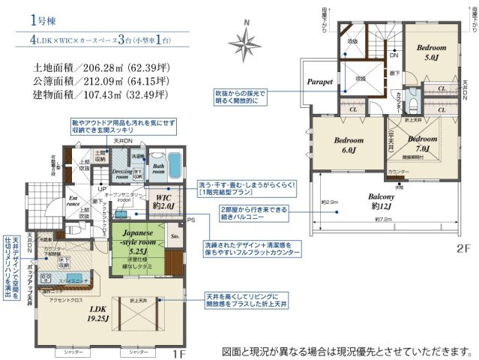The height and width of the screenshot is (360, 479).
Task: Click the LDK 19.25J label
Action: (x=98, y=313)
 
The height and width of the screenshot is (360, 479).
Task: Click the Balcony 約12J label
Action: (x=385, y=202)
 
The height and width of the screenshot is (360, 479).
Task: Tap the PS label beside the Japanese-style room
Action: (x=190, y=220)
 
